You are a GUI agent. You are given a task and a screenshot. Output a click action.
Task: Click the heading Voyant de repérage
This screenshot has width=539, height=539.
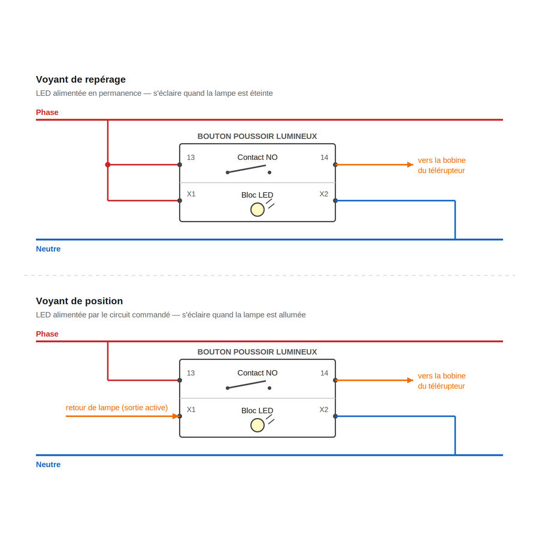pos(81,80)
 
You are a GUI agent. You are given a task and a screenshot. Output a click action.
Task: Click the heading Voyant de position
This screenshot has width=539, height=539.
pos(80,301)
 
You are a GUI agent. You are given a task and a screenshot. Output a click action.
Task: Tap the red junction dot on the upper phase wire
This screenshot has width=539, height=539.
pos(108,165)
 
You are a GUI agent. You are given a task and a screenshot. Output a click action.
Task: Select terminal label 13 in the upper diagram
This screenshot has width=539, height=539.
pos(191,158)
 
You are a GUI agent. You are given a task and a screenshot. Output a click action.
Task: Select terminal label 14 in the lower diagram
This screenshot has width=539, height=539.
pos(324,373)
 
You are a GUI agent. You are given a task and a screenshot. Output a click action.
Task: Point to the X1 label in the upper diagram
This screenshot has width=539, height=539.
pos(191,194)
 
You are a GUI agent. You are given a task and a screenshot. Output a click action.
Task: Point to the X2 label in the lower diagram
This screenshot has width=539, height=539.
pos(324,410)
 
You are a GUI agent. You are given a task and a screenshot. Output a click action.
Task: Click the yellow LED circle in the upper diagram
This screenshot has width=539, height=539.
pos(258,210)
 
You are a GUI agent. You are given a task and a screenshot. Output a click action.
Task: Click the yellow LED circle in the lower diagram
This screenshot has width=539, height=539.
pos(258,425)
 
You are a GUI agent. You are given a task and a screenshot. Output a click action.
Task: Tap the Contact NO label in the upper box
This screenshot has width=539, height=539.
pos(258,158)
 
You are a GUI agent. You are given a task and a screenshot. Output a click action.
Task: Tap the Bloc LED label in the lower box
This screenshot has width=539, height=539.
pos(257,410)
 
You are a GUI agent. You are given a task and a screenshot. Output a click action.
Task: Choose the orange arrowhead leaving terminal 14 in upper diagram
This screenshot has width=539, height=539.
pos(410,165)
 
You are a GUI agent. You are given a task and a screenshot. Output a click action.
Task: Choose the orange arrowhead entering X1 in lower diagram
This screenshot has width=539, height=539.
pos(175,416)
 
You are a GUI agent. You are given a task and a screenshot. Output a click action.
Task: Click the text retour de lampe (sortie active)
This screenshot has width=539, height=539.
pos(117,408)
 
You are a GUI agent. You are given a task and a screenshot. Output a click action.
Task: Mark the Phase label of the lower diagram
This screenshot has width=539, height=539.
pos(47,334)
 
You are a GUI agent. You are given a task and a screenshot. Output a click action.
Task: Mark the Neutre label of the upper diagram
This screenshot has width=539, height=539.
pos(48,249)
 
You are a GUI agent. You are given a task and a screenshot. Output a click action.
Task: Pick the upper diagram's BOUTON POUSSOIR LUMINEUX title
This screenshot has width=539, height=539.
pos(257,137)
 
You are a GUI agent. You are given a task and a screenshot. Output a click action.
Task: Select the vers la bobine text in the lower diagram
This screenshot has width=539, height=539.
pos(442,376)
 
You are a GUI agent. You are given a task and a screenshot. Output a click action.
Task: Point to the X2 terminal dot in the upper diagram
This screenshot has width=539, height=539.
pos(335,201)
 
